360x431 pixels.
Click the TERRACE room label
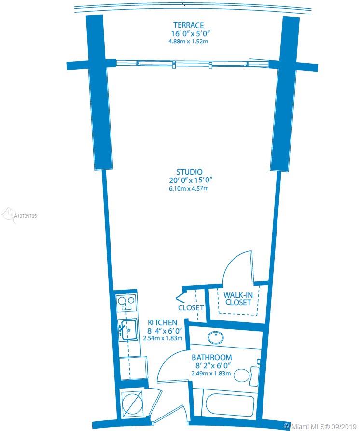point(189,25)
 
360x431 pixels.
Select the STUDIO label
point(189,172)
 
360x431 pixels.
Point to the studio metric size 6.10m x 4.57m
point(189,189)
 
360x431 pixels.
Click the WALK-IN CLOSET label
point(238,299)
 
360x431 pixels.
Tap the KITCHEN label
point(163,322)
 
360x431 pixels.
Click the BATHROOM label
point(211,358)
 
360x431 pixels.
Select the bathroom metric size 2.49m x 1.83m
point(211,374)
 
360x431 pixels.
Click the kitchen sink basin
point(128,329)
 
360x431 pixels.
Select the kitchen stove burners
point(126,302)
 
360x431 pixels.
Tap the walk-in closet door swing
point(238,265)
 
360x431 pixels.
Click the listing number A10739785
point(25,216)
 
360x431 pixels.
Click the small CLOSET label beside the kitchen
point(191,308)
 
